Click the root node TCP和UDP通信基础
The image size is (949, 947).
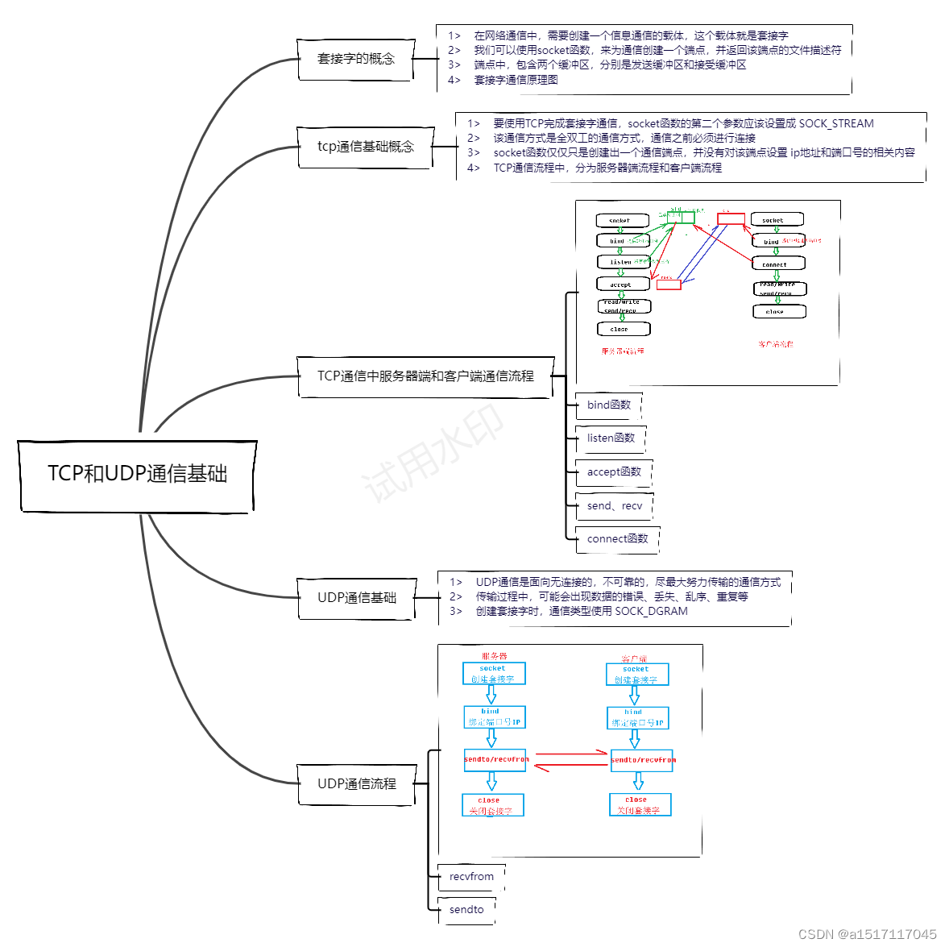(x=137, y=474)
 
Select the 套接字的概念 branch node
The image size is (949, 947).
(x=356, y=59)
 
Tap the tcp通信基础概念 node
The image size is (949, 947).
(x=365, y=147)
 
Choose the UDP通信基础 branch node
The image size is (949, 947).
(x=357, y=598)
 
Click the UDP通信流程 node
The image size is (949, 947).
(x=357, y=784)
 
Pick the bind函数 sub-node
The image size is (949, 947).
(x=609, y=405)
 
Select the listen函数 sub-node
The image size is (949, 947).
(x=611, y=438)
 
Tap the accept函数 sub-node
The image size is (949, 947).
(x=614, y=472)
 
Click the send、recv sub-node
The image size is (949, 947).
(x=615, y=506)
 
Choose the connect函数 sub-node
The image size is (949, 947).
(x=617, y=539)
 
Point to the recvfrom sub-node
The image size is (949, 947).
(x=471, y=877)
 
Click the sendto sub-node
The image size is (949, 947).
(x=466, y=910)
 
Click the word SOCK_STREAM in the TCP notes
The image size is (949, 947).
(x=836, y=124)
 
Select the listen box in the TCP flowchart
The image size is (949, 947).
(x=622, y=262)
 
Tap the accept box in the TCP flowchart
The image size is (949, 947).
(x=622, y=285)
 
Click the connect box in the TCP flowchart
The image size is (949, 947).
(x=775, y=264)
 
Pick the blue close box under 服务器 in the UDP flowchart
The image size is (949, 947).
(x=492, y=805)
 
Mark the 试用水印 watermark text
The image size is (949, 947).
(x=433, y=451)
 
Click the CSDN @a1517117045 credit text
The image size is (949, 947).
(x=867, y=934)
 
